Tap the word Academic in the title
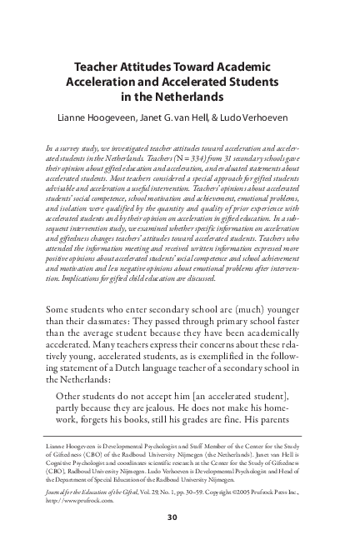[x=242, y=70]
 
